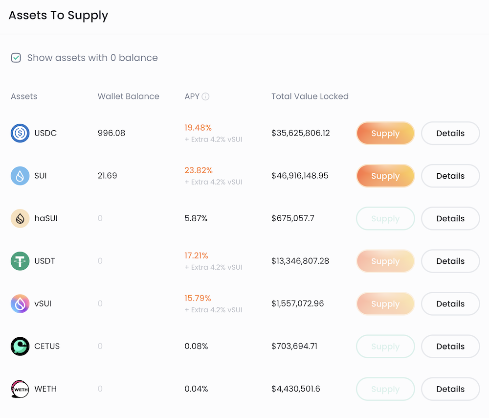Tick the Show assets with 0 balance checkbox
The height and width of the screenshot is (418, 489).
click(x=16, y=58)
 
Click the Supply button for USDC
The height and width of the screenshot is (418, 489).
click(x=385, y=133)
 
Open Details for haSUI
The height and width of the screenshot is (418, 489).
click(x=450, y=218)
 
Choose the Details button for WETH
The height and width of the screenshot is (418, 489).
click(x=450, y=389)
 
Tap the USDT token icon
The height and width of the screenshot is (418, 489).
click(x=20, y=261)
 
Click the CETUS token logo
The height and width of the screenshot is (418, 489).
click(x=20, y=346)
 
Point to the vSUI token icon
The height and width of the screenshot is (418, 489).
click(x=20, y=303)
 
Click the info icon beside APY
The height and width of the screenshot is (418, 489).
click(x=205, y=96)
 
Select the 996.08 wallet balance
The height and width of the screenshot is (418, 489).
click(x=111, y=133)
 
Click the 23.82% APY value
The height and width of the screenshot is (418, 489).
click(x=199, y=170)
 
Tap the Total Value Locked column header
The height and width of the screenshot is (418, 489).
click(x=310, y=96)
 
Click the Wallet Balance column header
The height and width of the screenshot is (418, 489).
click(x=129, y=96)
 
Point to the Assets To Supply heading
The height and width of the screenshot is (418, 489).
click(x=58, y=15)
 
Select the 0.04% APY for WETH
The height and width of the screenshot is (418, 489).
click(x=196, y=389)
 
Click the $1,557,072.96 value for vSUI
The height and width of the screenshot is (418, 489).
click(x=298, y=303)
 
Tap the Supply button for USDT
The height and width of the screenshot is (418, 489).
click(x=385, y=261)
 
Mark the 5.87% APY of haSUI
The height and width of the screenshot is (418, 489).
click(x=196, y=218)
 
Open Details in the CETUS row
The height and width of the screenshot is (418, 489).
click(x=450, y=347)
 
